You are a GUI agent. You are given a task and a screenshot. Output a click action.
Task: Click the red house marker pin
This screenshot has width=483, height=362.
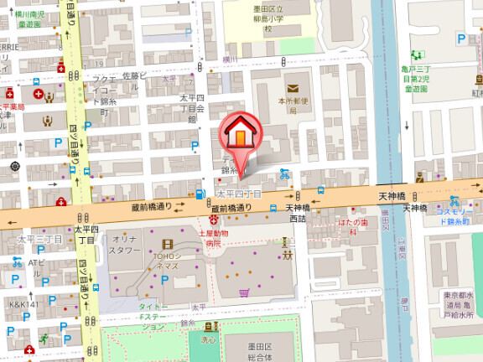coord(239,134)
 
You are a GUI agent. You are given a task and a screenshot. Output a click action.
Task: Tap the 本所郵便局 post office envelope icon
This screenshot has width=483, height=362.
coord(293,89)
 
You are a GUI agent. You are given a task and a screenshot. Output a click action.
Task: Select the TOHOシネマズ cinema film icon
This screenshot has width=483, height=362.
coord(166,246)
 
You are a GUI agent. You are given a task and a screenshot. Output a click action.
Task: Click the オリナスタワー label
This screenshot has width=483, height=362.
coord(125,244)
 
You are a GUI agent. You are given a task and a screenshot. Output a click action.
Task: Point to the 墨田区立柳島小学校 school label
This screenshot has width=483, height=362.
coord(267,18)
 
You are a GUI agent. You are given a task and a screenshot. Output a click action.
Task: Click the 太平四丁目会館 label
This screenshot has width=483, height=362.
coord(192,108)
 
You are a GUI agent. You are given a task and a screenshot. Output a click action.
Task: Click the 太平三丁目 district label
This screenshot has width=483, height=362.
coord(34,240)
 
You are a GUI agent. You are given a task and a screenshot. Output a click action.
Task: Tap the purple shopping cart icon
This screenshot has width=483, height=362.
coord(245,292)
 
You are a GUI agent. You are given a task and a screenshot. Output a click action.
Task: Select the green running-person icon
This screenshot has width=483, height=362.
coord(43,339)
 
